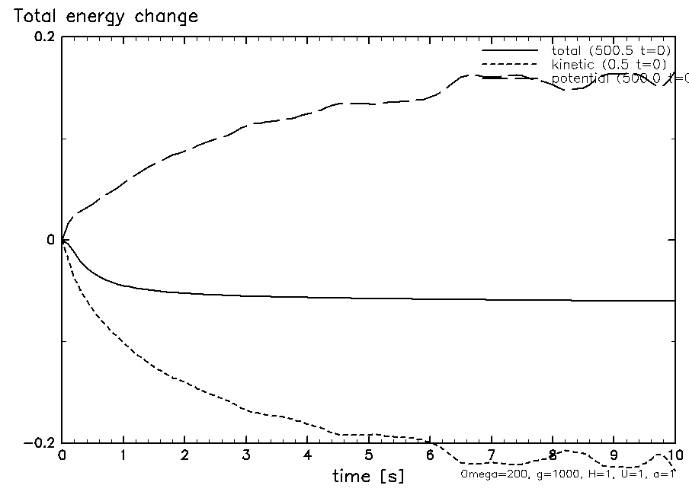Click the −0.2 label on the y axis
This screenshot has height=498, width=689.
click(x=40, y=443)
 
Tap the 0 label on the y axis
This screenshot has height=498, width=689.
click(x=50, y=241)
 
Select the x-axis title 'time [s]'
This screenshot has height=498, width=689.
click(x=368, y=477)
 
